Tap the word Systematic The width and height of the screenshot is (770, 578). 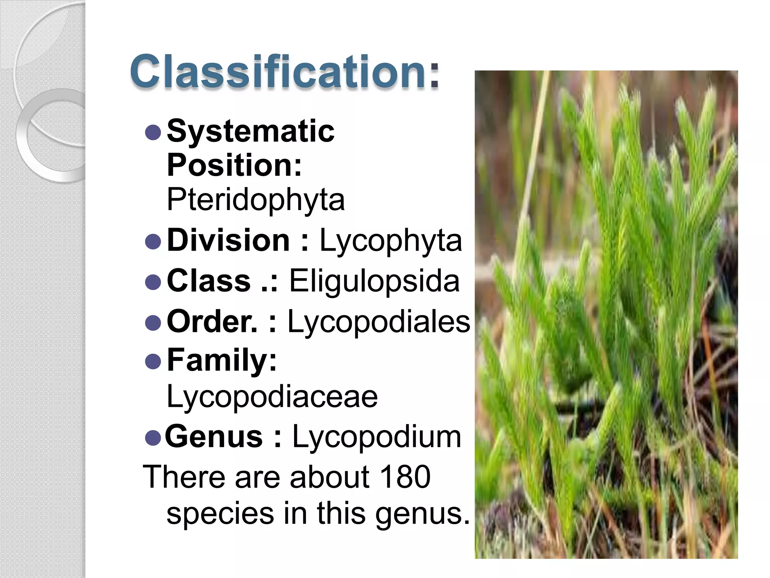point(250,131)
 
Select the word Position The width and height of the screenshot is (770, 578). point(234,165)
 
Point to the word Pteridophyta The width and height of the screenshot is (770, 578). point(256,199)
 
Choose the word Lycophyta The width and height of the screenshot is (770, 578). point(391,241)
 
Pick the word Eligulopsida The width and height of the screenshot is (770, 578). point(374,281)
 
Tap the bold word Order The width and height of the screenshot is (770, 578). point(212,321)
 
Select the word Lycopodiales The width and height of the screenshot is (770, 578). point(379,322)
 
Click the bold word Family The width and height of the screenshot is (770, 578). point(221,360)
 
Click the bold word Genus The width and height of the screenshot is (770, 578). point(214,437)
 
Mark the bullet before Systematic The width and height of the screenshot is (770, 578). point(153,132)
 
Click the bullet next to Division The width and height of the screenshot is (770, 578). point(153,241)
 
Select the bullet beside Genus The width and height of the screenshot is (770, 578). point(153,438)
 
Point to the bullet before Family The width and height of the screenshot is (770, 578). point(153,362)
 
